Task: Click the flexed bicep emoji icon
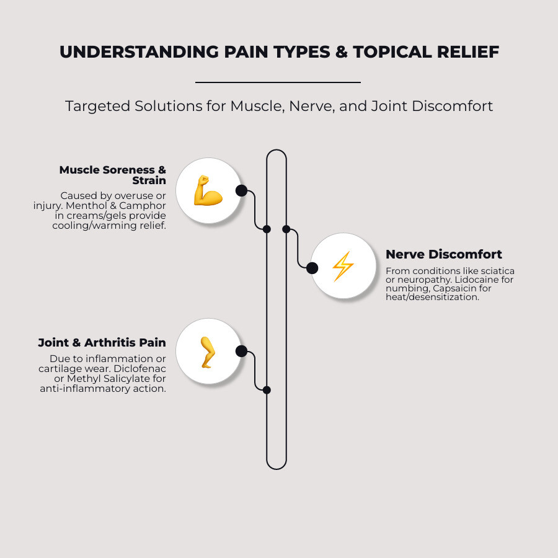[x=208, y=191]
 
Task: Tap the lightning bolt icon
[x=343, y=267]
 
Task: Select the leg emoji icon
[x=207, y=352]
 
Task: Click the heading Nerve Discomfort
[x=443, y=254]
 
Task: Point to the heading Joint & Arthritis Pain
[x=102, y=342]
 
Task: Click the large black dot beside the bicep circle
[x=241, y=190]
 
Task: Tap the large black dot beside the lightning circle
[x=312, y=268]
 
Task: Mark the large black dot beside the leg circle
[x=241, y=352]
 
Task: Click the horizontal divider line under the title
[x=278, y=82]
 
